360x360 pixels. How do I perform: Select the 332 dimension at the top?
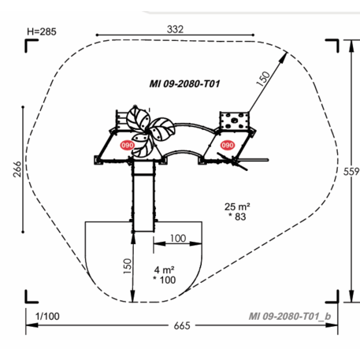pyautogui.click(x=175, y=28)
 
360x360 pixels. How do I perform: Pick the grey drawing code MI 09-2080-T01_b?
pyautogui.click(x=289, y=316)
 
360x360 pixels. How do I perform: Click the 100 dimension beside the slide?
pyautogui.click(x=177, y=238)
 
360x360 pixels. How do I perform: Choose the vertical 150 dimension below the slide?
pyautogui.click(x=127, y=265)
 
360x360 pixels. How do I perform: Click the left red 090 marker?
pyautogui.click(x=126, y=145)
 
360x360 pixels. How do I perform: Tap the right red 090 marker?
pyautogui.click(x=228, y=145)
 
